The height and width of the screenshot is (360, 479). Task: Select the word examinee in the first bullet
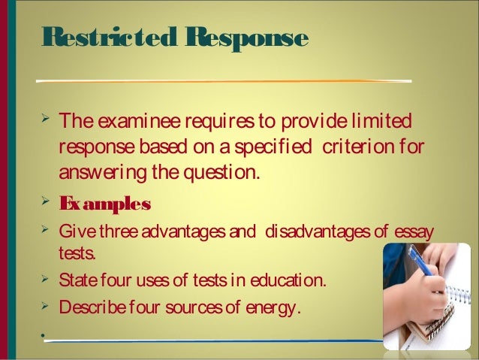pos(141,121)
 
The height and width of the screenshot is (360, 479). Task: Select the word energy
pos(273,307)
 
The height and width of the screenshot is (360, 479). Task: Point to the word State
pos(76,282)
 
